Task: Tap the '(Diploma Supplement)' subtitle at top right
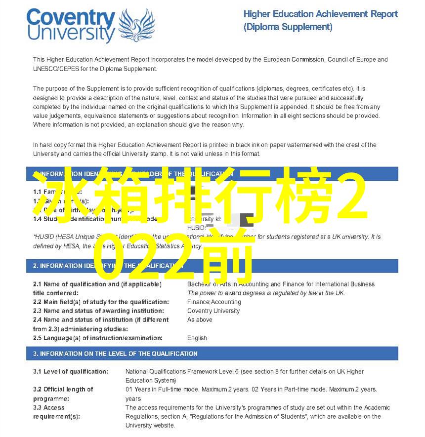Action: [x=288, y=27]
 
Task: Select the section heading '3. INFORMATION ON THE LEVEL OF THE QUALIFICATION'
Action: [x=115, y=354]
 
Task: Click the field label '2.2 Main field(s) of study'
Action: [x=101, y=302]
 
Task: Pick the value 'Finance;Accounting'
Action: [x=214, y=302]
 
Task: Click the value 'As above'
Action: [x=200, y=320]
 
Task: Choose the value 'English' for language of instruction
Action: [x=197, y=338]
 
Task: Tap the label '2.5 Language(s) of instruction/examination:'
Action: [x=97, y=338]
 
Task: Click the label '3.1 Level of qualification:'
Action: [x=70, y=371]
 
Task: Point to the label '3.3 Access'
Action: [x=49, y=407]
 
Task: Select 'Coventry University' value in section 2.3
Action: [x=213, y=311]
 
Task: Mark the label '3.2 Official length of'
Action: [x=63, y=389]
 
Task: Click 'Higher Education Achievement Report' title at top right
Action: [x=320, y=14]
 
